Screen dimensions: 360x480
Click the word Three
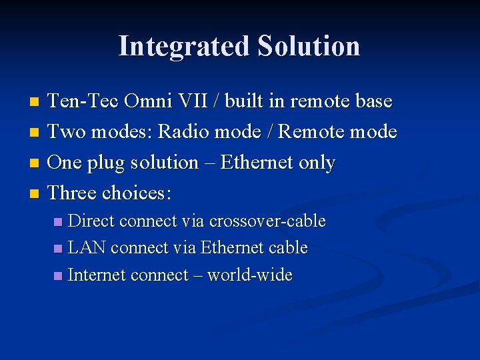(73, 193)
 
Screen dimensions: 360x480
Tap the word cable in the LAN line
(287, 248)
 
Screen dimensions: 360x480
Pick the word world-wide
(250, 275)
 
